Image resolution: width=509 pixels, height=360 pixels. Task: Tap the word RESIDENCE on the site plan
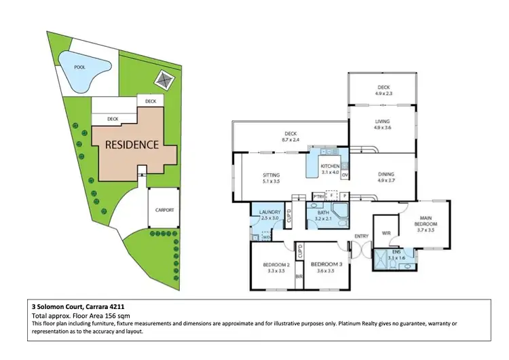pos(131,145)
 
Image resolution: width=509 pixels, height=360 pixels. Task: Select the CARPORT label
pos(164,210)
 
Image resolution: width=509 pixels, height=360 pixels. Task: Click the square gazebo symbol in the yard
pos(162,79)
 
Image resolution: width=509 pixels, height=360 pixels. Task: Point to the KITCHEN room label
pos(330,166)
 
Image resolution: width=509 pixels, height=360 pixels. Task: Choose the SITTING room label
pos(271,175)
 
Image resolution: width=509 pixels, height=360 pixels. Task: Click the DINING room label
pos(385,175)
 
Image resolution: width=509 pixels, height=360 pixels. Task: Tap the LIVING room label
pos(381,121)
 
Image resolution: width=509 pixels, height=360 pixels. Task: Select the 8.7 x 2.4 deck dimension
pos(291,140)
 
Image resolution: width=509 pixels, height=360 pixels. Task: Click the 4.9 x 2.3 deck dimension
pos(383,93)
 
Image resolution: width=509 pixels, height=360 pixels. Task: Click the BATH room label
pos(322,213)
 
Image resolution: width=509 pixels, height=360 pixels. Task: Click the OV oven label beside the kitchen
pos(345,176)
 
